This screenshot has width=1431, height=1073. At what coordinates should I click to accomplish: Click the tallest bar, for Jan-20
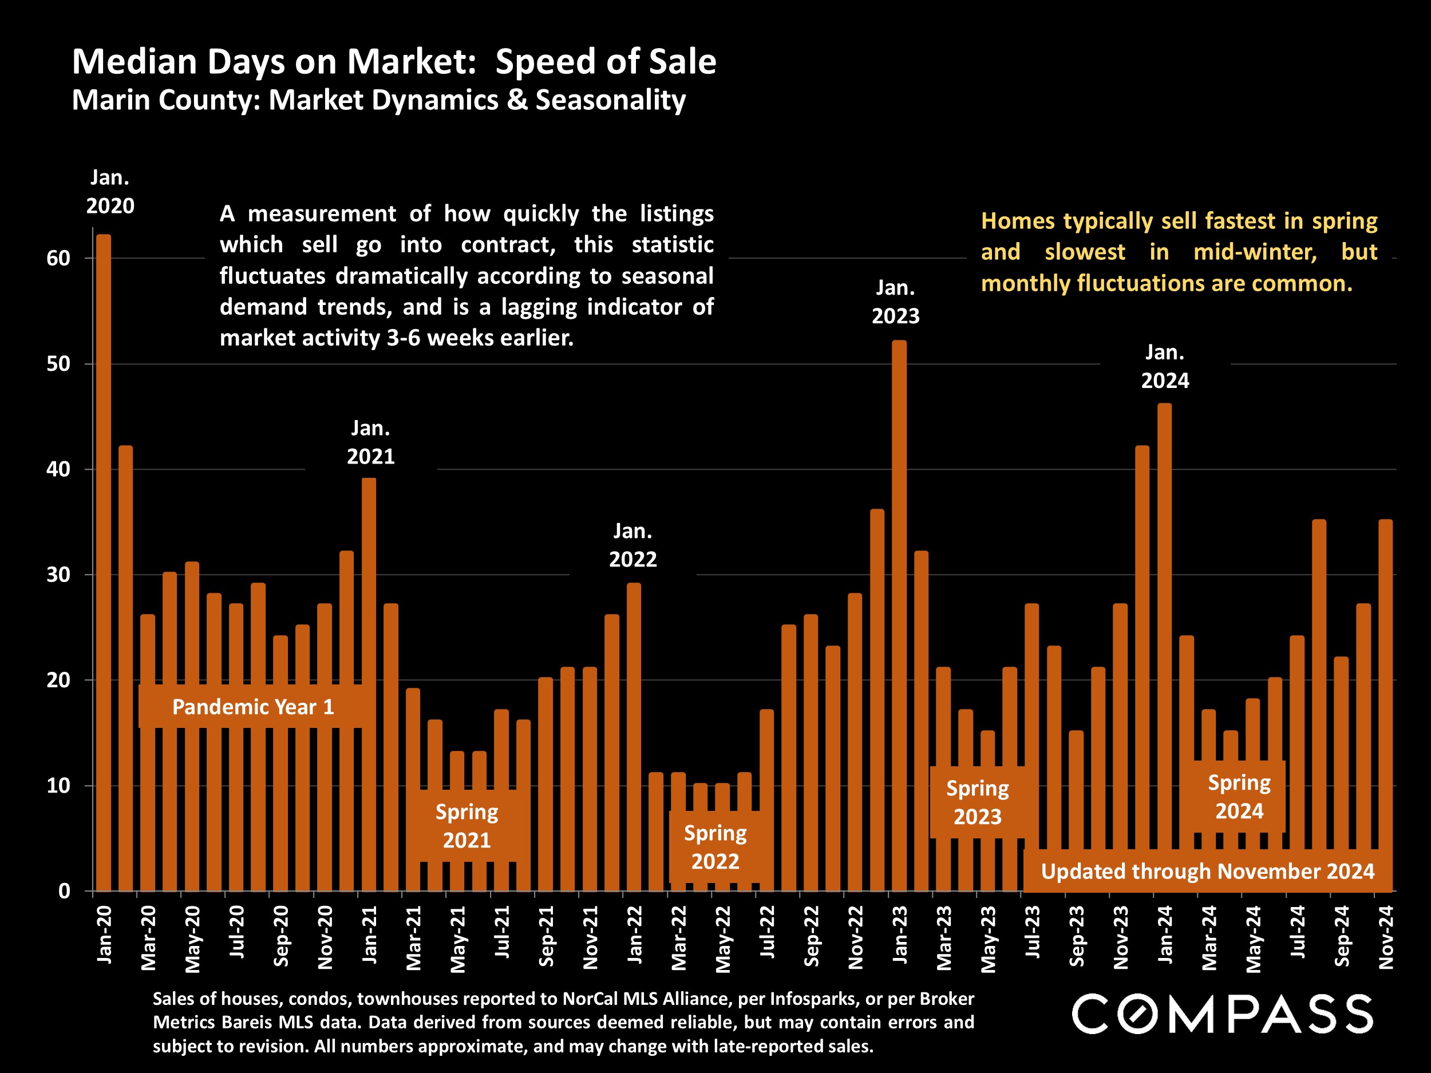point(104,563)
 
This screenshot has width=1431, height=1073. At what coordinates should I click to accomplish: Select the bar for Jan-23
point(899,615)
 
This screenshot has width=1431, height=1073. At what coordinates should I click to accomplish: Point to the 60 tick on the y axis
point(58,258)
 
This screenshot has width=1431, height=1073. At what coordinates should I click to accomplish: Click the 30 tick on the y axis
point(58,575)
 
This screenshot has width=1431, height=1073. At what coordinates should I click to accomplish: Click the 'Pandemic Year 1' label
point(253,707)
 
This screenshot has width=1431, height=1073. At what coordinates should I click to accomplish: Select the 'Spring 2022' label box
point(715,848)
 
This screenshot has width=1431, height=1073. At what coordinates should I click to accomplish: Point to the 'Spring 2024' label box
point(1239,797)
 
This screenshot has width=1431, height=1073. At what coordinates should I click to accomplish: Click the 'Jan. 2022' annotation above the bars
point(633,545)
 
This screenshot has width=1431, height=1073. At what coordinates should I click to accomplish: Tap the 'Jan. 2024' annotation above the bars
point(1164,367)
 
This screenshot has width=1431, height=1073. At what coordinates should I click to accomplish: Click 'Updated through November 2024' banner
point(1207,871)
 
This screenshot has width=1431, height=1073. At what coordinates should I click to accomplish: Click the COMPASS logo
point(1222,1014)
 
